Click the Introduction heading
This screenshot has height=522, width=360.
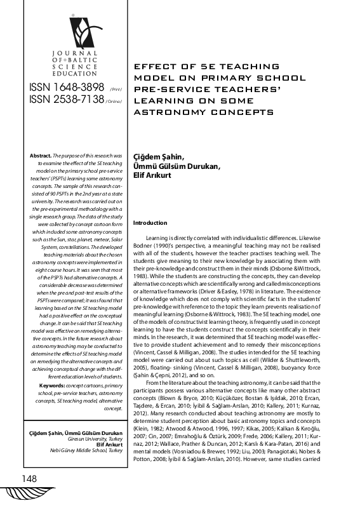coord(150,223)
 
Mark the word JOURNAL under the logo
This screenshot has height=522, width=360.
coord(76,53)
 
